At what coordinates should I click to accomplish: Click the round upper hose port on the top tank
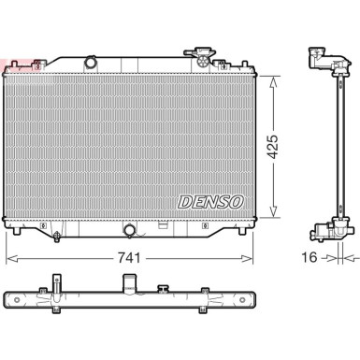tap(91, 63)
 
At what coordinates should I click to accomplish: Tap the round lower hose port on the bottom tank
tap(128, 228)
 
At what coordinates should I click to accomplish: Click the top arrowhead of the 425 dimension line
tap(273, 77)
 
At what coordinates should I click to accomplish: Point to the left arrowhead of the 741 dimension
tap(10, 256)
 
